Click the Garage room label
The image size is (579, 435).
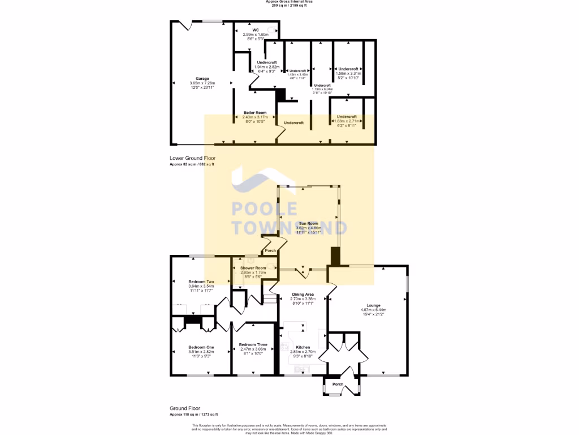click(202, 79)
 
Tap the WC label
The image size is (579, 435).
click(256, 30)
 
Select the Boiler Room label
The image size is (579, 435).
click(255, 113)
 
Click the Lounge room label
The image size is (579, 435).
click(373, 306)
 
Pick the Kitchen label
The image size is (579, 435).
click(303, 347)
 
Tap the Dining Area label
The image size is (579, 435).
click(303, 295)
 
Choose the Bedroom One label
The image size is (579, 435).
click(201, 347)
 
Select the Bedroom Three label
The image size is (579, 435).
click(253, 344)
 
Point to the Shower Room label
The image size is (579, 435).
click(253, 268)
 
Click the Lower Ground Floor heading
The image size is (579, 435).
click(192, 159)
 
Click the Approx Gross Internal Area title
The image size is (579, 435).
click(289, 2)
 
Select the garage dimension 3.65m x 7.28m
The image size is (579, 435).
click(202, 83)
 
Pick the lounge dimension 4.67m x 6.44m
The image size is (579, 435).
click(373, 310)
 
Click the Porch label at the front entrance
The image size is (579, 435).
click(338, 385)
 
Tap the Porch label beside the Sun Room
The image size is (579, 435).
click(270, 251)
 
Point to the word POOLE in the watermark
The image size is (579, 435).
click(265, 208)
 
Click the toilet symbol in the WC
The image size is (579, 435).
click(275, 32)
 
